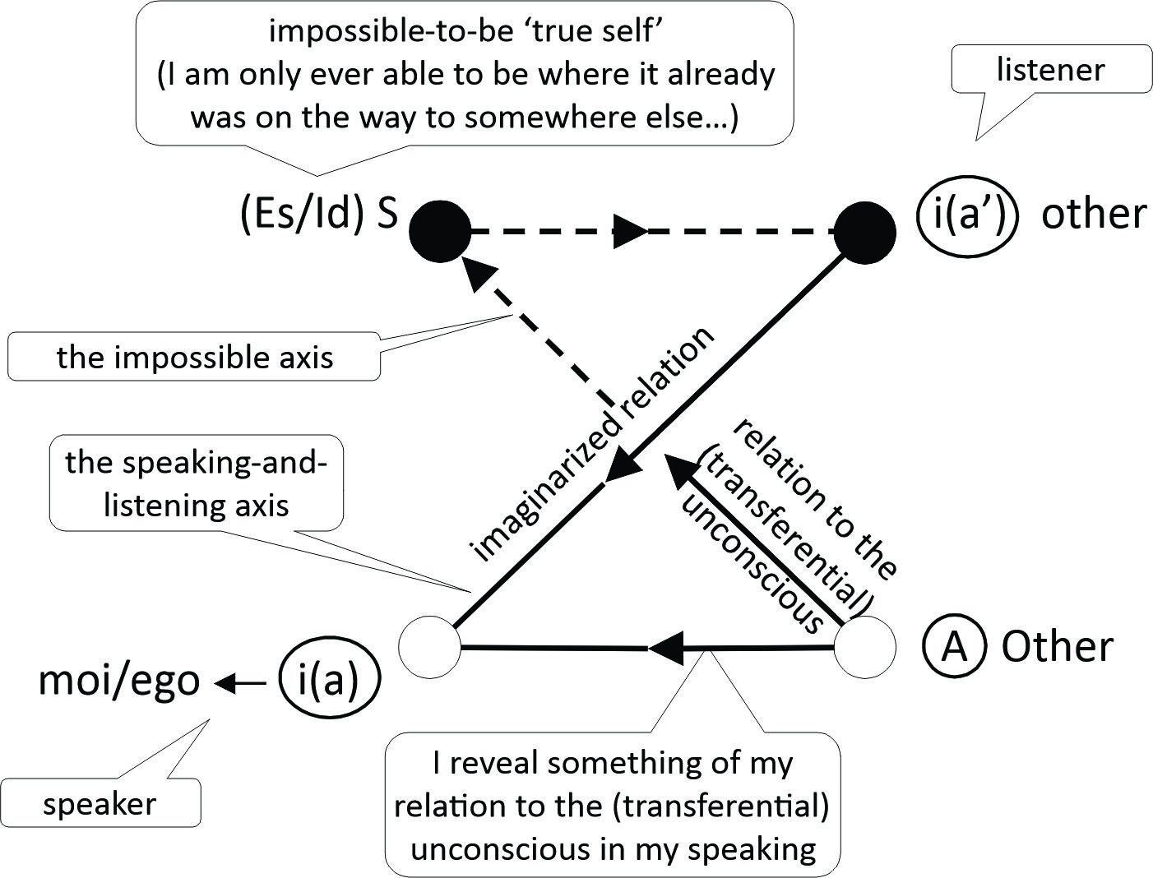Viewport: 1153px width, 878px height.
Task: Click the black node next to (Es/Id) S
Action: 440,231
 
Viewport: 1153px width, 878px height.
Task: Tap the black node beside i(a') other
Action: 865,233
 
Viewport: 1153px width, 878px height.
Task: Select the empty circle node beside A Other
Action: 865,647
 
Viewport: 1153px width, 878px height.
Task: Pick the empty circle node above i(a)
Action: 430,647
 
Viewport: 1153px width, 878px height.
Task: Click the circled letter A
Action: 954,647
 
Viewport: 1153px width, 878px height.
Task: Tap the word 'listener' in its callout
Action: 1050,70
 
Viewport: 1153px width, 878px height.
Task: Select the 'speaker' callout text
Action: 100,803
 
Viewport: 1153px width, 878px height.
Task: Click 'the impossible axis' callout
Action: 195,357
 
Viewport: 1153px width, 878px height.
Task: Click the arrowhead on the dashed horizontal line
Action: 632,232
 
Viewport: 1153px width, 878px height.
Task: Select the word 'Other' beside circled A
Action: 1057,647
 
